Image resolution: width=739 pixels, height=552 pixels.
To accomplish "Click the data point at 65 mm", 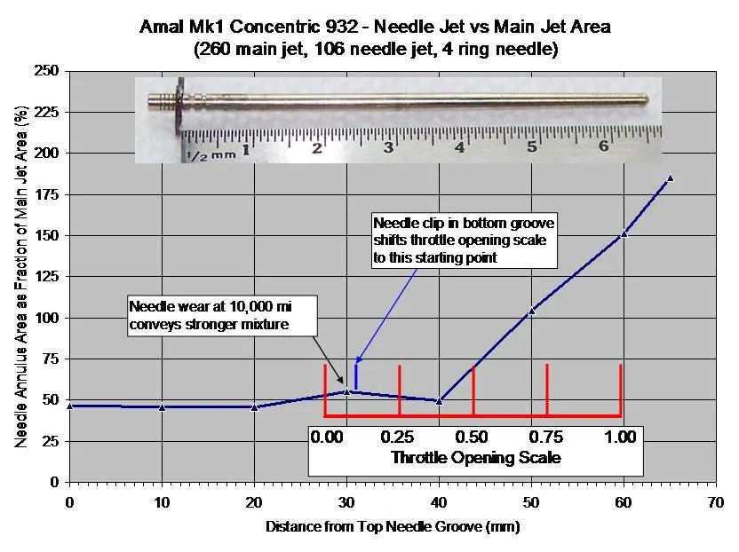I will tap(670, 178).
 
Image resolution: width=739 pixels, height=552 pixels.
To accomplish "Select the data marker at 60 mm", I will tap(624, 233).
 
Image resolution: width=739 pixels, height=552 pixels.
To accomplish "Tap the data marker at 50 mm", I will tap(531, 311).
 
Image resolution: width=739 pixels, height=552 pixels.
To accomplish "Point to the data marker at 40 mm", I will tap(439, 401).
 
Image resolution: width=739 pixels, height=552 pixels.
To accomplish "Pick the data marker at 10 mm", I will tap(162, 407).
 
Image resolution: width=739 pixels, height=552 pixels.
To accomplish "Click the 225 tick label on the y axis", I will tap(46, 113).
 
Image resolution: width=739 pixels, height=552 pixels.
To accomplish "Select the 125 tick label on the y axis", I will tap(46, 277).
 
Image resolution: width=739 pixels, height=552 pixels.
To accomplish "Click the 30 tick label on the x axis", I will tap(346, 501).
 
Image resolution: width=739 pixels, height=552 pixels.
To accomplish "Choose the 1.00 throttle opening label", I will tap(620, 437).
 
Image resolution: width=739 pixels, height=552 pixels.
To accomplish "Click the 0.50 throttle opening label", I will tap(473, 437).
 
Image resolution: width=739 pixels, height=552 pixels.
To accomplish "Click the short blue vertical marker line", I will tap(356, 376).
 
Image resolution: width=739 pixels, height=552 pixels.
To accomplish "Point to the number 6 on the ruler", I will tap(603, 146).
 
